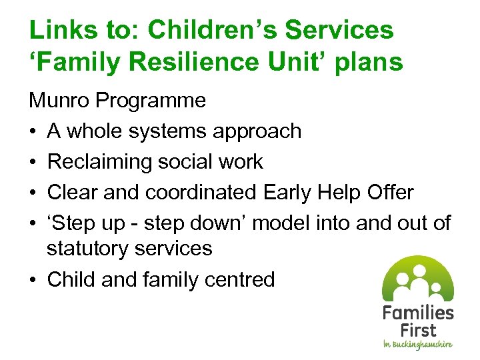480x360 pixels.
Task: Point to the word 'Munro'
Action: click(59, 101)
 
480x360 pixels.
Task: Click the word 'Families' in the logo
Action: click(418, 313)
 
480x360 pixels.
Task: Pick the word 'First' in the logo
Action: click(418, 330)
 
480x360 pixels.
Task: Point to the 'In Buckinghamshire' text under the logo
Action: click(417, 344)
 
